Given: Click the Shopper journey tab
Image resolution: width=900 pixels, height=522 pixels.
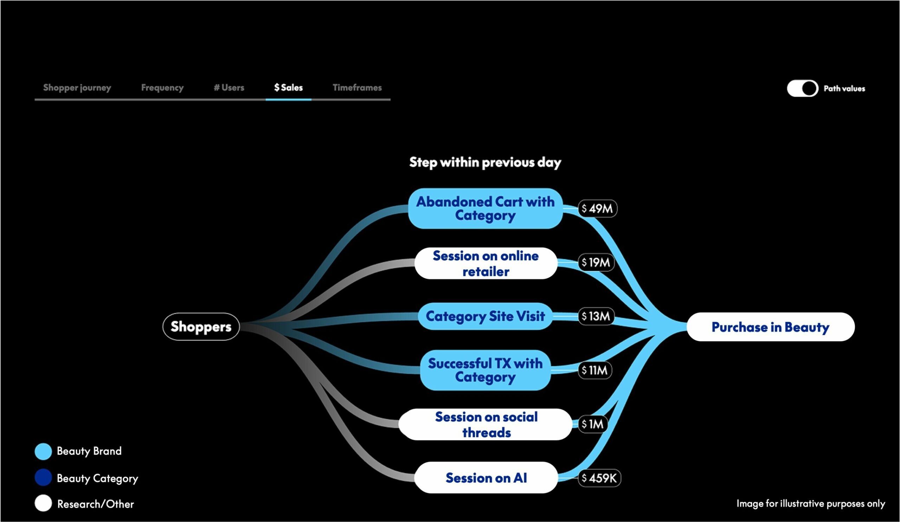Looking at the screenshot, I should coord(77,88).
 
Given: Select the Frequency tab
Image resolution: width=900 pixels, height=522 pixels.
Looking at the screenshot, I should coord(162,88).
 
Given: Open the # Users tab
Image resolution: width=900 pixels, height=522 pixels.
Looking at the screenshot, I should coord(229,88).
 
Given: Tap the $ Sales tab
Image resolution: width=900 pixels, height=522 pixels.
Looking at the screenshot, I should coord(288,88).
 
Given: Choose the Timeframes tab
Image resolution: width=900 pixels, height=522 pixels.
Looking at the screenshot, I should coord(357,88).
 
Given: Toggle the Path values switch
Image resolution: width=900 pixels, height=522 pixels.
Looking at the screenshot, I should coord(802,89).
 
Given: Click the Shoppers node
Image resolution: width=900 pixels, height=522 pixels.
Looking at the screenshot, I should coord(201,327).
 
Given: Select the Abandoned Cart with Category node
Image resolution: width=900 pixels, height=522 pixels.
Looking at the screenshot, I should coord(486,208).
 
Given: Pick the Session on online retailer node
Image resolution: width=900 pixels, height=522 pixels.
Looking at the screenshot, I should coord(486,264).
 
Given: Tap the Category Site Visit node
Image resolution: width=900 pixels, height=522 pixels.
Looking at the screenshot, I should coord(486,316).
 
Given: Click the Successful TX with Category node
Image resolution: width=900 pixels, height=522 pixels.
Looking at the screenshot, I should coord(486,370).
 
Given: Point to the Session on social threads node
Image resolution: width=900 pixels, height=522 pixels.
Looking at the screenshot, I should coord(486,425).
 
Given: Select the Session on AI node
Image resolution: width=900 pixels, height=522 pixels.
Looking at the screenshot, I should coord(486,478).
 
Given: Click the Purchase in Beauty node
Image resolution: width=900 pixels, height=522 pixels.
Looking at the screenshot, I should coord(770,327).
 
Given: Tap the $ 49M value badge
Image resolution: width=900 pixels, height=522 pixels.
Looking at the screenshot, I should coord(597,208).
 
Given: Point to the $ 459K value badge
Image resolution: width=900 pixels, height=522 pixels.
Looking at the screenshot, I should coord(599,478).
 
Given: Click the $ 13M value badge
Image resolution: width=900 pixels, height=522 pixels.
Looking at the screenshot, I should coord(596,316).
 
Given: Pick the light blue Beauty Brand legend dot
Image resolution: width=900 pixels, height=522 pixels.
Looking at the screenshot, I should coord(43,451).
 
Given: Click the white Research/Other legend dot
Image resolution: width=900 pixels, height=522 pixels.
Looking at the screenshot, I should coord(43,503).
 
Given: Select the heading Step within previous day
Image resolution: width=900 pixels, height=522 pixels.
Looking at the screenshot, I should coord(485,162).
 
